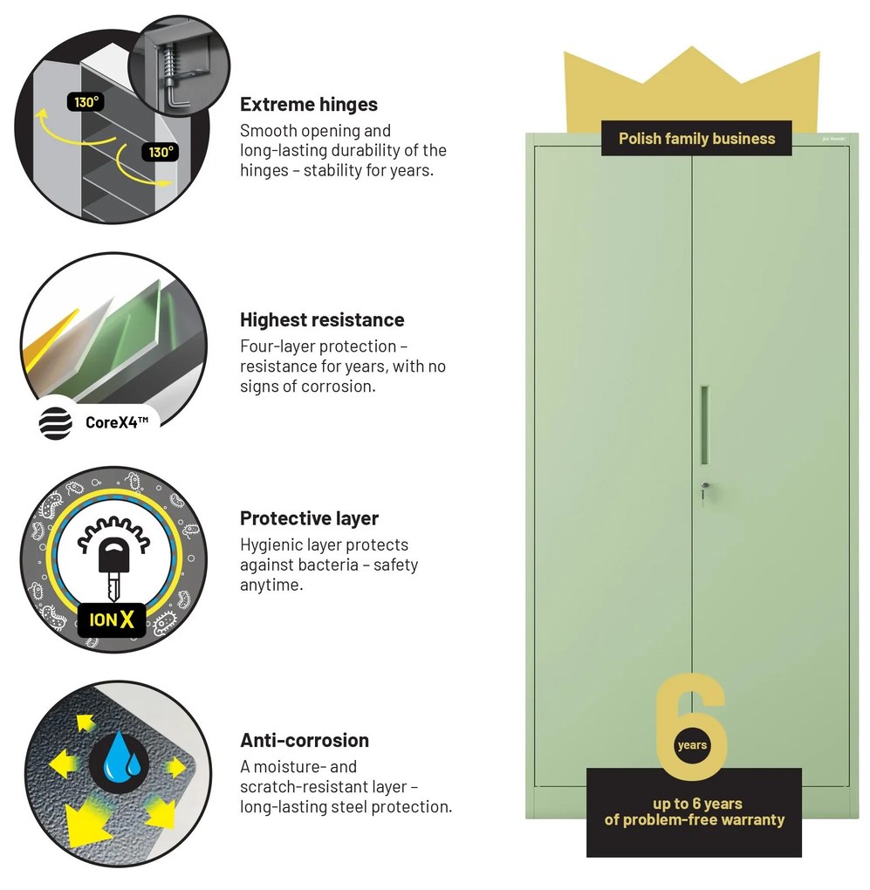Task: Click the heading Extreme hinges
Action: pyautogui.click(x=308, y=105)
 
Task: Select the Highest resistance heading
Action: pyautogui.click(x=322, y=319)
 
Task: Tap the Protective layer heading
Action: pyautogui.click(x=309, y=518)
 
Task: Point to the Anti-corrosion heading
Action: pyautogui.click(x=305, y=740)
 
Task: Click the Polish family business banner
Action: pyautogui.click(x=696, y=139)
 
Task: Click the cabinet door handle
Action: pyautogui.click(x=704, y=425)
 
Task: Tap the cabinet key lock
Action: pyautogui.click(x=704, y=489)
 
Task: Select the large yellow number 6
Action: pyautogui.click(x=691, y=727)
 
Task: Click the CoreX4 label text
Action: pyautogui.click(x=117, y=422)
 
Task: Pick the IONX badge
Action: pyautogui.click(x=111, y=620)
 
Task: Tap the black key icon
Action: pyautogui.click(x=113, y=569)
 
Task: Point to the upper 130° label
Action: pyautogui.click(x=86, y=102)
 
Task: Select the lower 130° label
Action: pyautogui.click(x=160, y=152)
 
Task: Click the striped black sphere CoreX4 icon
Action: pyautogui.click(x=55, y=423)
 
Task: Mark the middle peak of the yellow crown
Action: pyautogui.click(x=692, y=48)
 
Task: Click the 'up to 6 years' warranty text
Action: pyautogui.click(x=697, y=804)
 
